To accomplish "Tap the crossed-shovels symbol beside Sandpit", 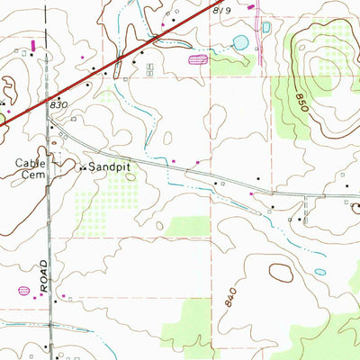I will [x=82, y=168].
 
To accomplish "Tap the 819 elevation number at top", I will [x=223, y=9].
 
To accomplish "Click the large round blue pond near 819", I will [x=240, y=41].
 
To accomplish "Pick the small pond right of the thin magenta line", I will [x=266, y=28].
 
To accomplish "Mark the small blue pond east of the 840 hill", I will [x=319, y=272].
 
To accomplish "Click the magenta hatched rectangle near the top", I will [x=197, y=59].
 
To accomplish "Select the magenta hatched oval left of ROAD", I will [x=23, y=291].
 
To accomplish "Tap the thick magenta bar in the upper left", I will [x=34, y=42].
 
